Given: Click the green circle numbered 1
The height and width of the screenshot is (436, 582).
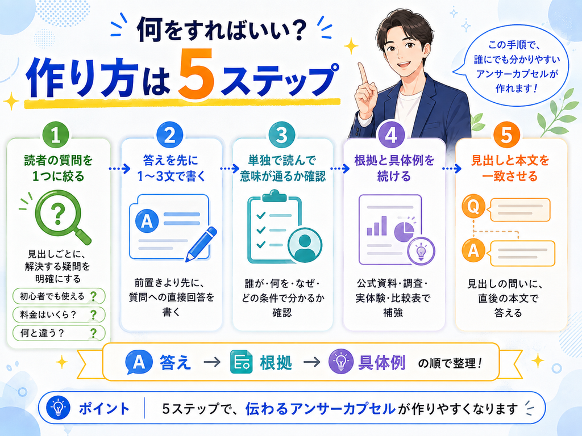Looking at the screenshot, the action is (x=56, y=135).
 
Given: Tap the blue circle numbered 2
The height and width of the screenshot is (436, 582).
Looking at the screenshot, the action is (x=169, y=135).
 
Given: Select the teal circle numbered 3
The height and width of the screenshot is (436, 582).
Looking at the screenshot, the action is (x=282, y=135).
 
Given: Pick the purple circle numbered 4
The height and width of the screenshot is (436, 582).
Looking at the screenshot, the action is (x=391, y=135).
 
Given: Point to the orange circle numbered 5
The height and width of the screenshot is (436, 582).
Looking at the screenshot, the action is (x=506, y=135).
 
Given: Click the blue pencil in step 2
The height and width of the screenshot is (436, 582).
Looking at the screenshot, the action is (x=201, y=244).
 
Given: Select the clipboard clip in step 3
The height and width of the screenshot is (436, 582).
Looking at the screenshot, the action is (x=275, y=195).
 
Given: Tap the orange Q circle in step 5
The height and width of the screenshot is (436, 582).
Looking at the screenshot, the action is (x=473, y=206).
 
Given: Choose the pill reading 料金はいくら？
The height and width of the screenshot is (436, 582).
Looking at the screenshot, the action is (x=59, y=315).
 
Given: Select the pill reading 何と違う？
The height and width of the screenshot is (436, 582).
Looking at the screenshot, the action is (x=59, y=333).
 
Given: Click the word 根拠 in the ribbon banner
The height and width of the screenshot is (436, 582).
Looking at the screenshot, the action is (x=276, y=363).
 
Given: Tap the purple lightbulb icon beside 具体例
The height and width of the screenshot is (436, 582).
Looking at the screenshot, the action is (x=340, y=362).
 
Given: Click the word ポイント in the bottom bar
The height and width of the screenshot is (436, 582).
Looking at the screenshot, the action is (x=105, y=409).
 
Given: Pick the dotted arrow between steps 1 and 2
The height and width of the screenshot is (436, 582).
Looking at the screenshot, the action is (x=119, y=168).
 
